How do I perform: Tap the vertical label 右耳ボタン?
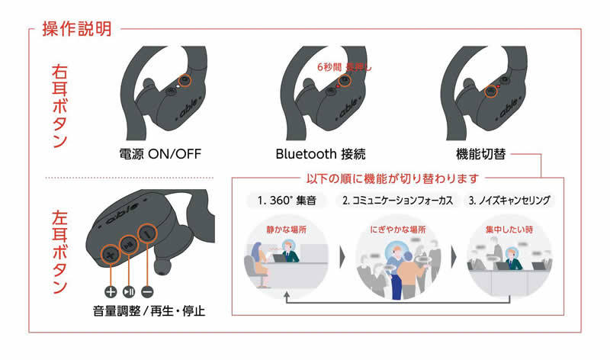(59, 104)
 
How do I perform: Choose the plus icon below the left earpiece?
(110, 291)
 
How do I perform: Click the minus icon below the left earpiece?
(148, 291)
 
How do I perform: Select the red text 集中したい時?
(506, 229)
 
